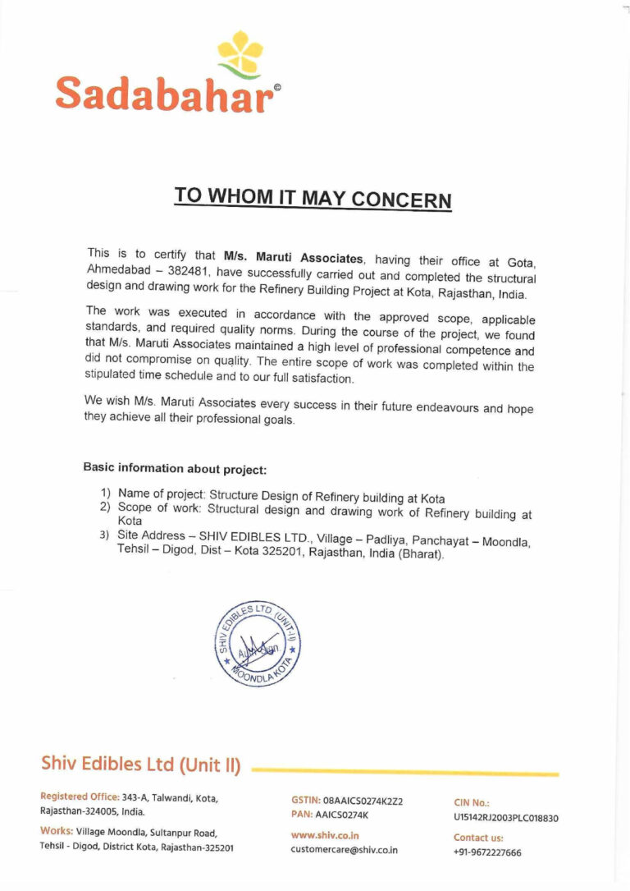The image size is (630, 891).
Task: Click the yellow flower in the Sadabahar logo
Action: (x=240, y=53)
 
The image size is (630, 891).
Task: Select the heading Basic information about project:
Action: (x=175, y=469)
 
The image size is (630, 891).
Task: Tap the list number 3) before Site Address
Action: (x=105, y=535)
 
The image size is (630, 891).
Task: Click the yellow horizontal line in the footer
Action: (x=405, y=772)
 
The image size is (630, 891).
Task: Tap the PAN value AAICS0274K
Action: (x=343, y=815)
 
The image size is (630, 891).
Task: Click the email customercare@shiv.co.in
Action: (x=344, y=850)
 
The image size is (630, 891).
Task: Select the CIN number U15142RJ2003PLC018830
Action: (x=505, y=818)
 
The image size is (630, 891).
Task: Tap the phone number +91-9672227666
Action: (x=487, y=852)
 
